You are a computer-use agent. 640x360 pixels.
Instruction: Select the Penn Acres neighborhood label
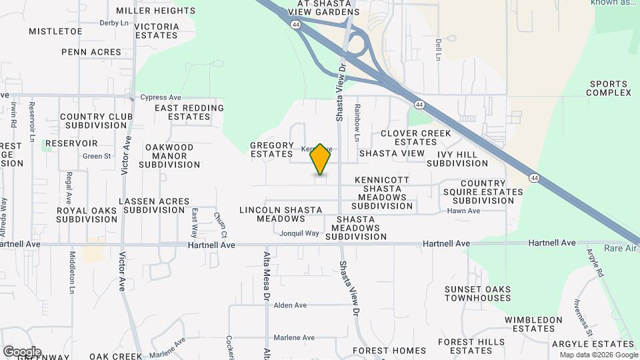click(91, 51)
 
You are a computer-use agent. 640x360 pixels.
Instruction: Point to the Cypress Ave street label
click(161, 97)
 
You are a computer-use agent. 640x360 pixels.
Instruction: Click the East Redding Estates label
click(189, 112)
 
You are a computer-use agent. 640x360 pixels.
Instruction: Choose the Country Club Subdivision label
click(97, 121)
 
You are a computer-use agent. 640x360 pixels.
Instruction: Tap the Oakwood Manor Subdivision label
click(169, 155)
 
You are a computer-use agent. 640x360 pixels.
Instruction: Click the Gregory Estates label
click(272, 149)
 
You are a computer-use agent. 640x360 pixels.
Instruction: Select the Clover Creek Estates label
click(415, 137)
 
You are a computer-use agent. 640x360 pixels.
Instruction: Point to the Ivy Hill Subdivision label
click(457, 159)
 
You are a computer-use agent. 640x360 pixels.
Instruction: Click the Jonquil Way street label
click(299, 233)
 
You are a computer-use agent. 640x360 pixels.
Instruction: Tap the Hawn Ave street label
click(463, 211)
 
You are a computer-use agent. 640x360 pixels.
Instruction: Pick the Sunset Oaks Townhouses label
click(478, 293)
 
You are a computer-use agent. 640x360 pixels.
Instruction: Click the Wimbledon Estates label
click(533, 324)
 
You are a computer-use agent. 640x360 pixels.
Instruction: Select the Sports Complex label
click(609, 88)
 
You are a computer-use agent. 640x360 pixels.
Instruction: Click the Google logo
click(22, 351)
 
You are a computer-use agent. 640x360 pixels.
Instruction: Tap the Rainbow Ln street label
click(357, 123)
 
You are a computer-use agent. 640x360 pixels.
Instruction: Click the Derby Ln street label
click(114, 23)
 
